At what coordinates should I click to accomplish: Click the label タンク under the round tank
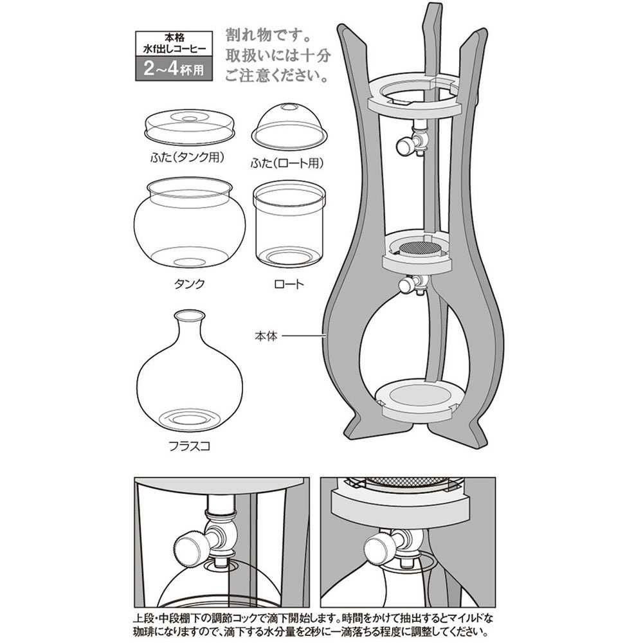point(189,284)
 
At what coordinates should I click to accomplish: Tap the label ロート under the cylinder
point(289,284)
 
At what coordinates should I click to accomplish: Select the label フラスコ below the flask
point(190,446)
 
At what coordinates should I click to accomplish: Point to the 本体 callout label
point(266,336)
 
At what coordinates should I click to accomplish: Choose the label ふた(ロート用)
point(287,163)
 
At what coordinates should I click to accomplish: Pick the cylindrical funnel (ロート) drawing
point(289,224)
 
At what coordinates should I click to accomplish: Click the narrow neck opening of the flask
point(190,315)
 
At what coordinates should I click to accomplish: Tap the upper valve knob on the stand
point(404,144)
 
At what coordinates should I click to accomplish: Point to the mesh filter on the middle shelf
point(419,248)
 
